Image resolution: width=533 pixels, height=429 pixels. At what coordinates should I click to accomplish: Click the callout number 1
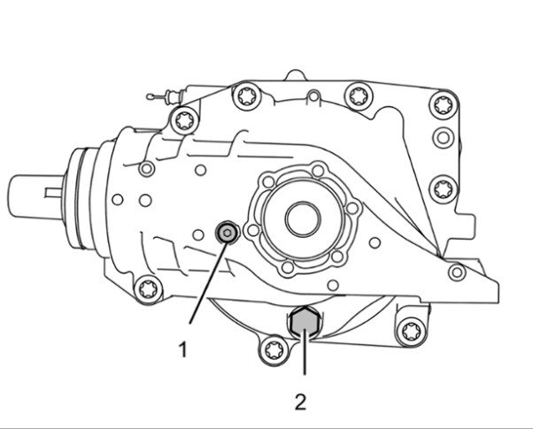[x=183, y=349]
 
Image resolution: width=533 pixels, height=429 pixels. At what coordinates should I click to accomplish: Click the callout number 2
[x=300, y=402]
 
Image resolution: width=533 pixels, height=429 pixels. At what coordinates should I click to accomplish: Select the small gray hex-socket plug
[x=227, y=233]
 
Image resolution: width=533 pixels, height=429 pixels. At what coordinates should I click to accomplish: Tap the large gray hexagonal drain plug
[x=304, y=324]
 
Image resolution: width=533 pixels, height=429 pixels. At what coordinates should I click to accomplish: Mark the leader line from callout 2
[x=305, y=352]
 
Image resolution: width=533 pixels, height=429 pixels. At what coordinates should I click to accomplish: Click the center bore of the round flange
[x=303, y=218]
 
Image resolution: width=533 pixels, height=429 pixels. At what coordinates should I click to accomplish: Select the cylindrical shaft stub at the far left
[x=35, y=196]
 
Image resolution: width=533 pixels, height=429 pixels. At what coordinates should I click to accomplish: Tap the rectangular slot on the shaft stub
[x=54, y=193]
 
